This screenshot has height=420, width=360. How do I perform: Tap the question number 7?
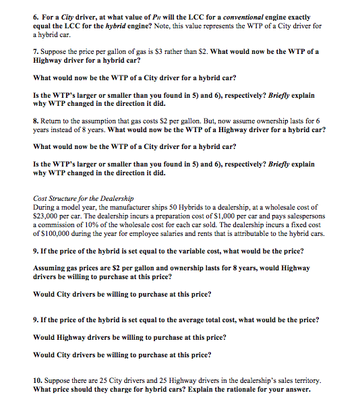(36, 51)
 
